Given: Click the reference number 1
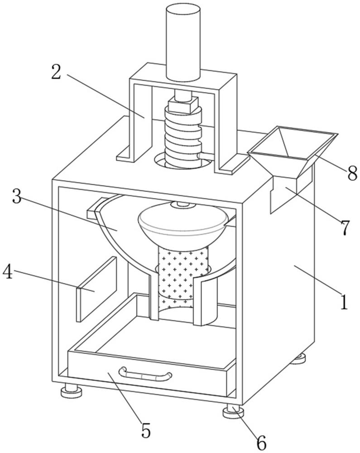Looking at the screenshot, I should click(x=344, y=301).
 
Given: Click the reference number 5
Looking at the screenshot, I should click(x=146, y=430).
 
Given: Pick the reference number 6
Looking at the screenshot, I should click(x=261, y=442).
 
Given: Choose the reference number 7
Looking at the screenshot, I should click(x=345, y=227).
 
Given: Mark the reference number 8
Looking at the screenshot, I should click(x=352, y=172).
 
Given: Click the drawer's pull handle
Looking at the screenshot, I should click(x=145, y=374).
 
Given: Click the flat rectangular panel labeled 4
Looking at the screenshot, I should click(x=96, y=288).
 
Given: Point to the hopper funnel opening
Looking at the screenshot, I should click(x=292, y=144).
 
